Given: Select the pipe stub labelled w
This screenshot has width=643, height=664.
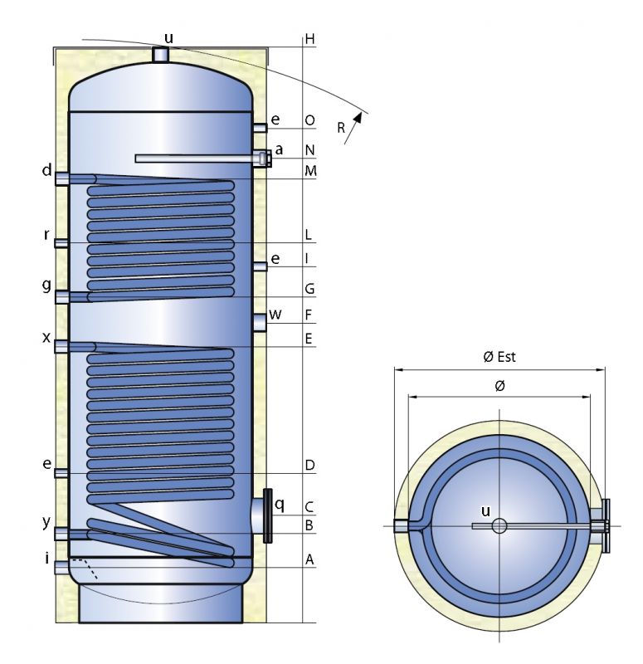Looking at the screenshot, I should point(261,320).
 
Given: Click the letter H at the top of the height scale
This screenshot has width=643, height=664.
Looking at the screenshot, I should point(309,39).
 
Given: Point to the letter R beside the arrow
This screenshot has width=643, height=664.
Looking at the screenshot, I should point(342,127).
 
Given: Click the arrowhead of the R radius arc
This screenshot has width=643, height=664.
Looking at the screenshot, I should point(358,119).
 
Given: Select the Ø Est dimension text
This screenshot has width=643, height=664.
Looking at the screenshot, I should point(500,357).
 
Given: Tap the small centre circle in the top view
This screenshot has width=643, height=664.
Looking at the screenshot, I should point(499,525).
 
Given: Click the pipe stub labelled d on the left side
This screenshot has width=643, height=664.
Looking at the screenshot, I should point(61,179).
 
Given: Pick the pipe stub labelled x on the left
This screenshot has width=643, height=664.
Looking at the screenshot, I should point(61,346).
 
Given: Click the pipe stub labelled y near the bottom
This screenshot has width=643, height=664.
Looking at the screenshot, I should point(61,534).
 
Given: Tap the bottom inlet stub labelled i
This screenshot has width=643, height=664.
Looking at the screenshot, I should point(61,568).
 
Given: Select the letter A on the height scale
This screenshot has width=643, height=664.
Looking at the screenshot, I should point(309,560).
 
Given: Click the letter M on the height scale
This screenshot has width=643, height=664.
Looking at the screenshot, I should point(309,171).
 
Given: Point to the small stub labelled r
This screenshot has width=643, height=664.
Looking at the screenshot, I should point(61,242).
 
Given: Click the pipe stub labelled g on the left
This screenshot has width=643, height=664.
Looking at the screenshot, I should point(61,296).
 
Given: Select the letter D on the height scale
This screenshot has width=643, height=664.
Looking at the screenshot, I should point(309,466).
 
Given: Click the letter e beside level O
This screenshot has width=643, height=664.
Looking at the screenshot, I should point(275,120).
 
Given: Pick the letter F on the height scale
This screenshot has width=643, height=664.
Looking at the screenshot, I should point(309,315).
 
